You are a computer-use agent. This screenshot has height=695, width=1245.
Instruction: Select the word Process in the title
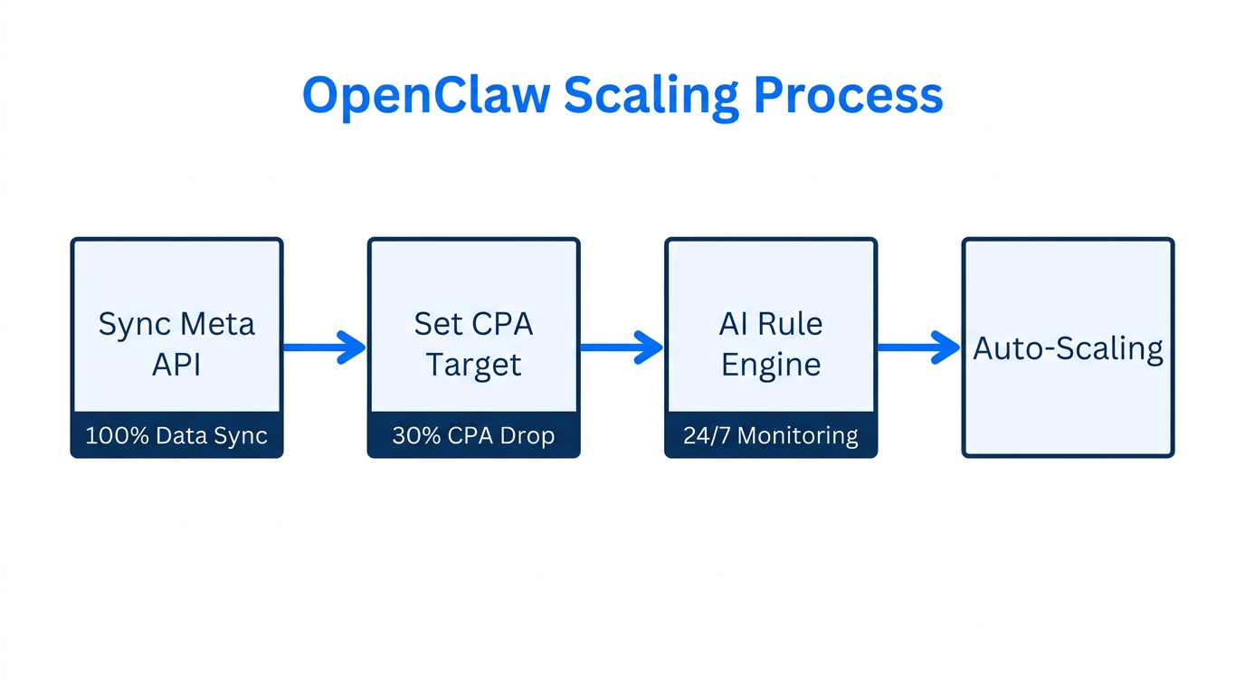pos(848,95)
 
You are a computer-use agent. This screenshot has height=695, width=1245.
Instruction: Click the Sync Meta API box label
pos(176,344)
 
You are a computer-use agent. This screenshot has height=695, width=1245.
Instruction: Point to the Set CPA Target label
pos(473,344)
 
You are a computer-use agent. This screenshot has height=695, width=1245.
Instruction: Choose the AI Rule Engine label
pos(771,344)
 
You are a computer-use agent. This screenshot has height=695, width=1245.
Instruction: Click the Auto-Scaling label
pos(1068,348)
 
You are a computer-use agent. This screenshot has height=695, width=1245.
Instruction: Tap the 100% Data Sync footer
pos(176,435)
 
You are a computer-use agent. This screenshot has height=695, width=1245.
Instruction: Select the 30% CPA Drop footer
pos(473,435)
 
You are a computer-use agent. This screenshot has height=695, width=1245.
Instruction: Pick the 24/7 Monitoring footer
pos(771,435)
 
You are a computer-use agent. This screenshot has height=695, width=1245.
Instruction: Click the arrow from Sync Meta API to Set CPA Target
pos(325,347)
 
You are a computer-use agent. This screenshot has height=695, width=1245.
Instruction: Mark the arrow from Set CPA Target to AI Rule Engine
pos(622,347)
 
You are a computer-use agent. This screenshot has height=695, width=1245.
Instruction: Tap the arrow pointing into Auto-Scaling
pos(918,347)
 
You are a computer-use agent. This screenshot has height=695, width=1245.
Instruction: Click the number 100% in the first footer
pos(115,435)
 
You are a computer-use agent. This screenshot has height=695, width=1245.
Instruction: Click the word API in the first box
pos(176,365)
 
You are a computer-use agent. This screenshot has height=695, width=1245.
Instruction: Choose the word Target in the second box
pos(473,365)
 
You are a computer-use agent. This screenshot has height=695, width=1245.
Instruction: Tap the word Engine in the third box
pos(771,365)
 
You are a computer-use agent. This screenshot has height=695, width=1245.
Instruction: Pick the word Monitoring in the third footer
pos(797,435)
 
